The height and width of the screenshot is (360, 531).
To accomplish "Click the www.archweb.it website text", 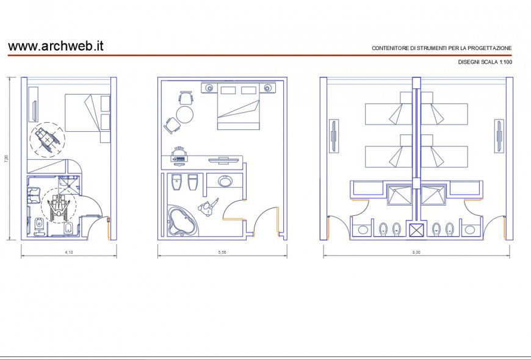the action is (x=56, y=46).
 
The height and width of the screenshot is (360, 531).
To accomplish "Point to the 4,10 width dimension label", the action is (x=69, y=252).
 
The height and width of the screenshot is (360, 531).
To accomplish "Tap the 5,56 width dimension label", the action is (x=222, y=252).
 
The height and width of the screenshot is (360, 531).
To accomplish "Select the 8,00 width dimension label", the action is (x=416, y=252).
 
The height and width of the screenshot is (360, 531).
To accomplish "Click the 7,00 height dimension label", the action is (x=5, y=159).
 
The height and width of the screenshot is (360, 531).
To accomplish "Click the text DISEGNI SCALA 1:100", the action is (x=485, y=62).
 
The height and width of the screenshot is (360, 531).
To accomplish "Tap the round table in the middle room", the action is (x=185, y=115).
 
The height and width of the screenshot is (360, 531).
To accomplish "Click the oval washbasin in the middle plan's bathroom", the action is (x=225, y=181).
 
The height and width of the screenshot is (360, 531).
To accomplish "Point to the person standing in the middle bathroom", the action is (x=208, y=207).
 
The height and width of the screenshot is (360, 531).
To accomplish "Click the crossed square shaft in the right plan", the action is (x=416, y=230).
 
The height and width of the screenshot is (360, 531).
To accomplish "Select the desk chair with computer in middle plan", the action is (x=179, y=156).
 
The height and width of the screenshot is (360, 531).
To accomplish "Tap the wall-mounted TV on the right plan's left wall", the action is (x=334, y=136).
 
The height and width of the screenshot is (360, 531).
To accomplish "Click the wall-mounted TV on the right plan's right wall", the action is (x=499, y=136).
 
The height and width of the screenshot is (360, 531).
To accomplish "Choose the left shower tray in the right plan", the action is (x=399, y=195).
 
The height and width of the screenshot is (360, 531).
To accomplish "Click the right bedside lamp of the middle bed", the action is (x=268, y=88).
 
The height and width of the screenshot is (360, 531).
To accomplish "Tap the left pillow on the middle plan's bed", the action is (x=228, y=90).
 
